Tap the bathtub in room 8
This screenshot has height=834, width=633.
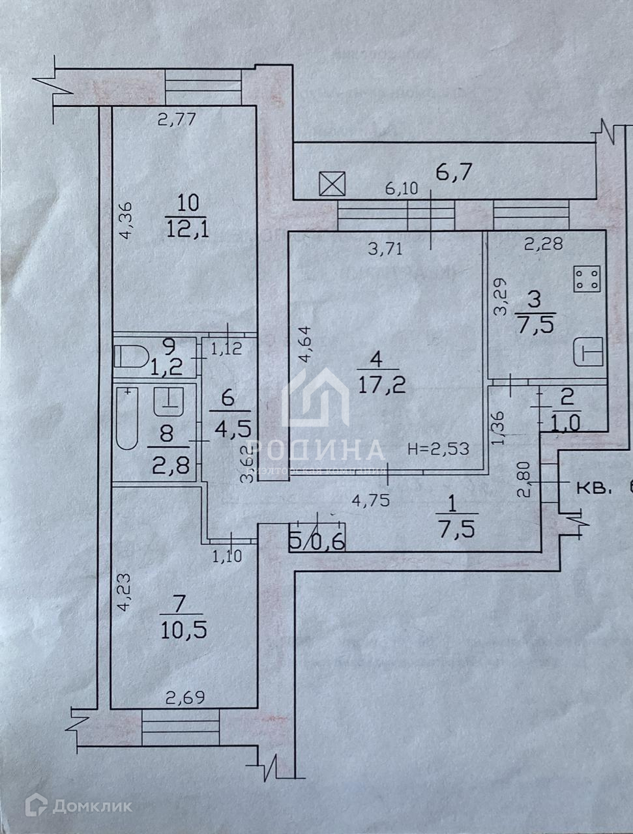click(x=128, y=418)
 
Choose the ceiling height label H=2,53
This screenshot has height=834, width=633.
click(x=438, y=448)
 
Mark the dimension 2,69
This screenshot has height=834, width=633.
click(x=185, y=698)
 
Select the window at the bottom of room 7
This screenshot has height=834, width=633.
click(x=181, y=728)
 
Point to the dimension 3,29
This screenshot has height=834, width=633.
click(x=500, y=297)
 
